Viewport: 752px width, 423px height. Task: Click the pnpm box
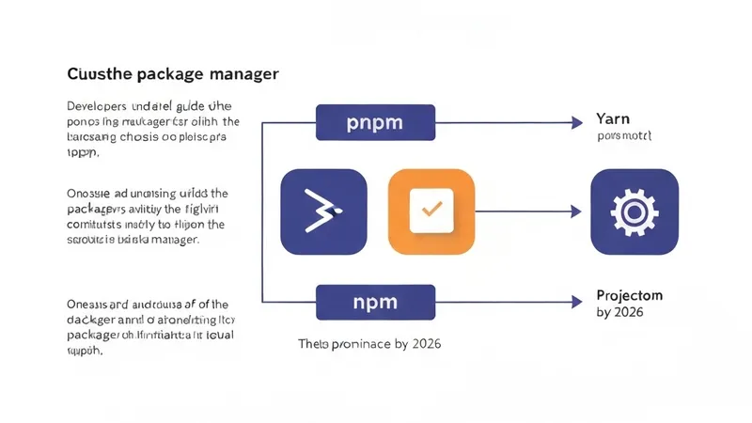point(376,122)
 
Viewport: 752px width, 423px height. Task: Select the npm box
point(376,303)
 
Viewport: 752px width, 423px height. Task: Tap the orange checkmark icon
point(431,211)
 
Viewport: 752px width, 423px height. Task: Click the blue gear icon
point(634,212)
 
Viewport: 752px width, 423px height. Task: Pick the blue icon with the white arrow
point(323,212)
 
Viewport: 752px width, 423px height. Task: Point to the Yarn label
point(613,119)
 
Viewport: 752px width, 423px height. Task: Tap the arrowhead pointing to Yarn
point(575,122)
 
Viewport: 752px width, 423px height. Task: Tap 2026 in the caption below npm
point(421,344)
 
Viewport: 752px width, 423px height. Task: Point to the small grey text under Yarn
point(624,136)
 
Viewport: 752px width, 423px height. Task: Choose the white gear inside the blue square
point(634,212)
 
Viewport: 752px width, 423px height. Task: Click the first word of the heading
point(97,72)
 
